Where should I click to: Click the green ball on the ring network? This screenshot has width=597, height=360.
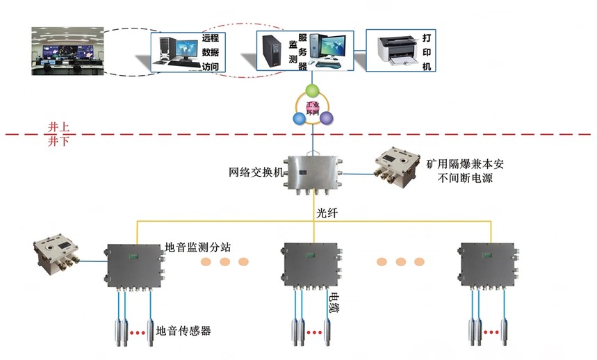click(312, 91)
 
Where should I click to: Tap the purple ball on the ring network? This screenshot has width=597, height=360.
click(326, 117)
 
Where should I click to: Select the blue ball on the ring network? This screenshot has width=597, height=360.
click(299, 118)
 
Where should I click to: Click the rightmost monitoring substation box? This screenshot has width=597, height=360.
click(489, 263)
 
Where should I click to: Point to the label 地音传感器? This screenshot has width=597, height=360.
click(183, 331)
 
